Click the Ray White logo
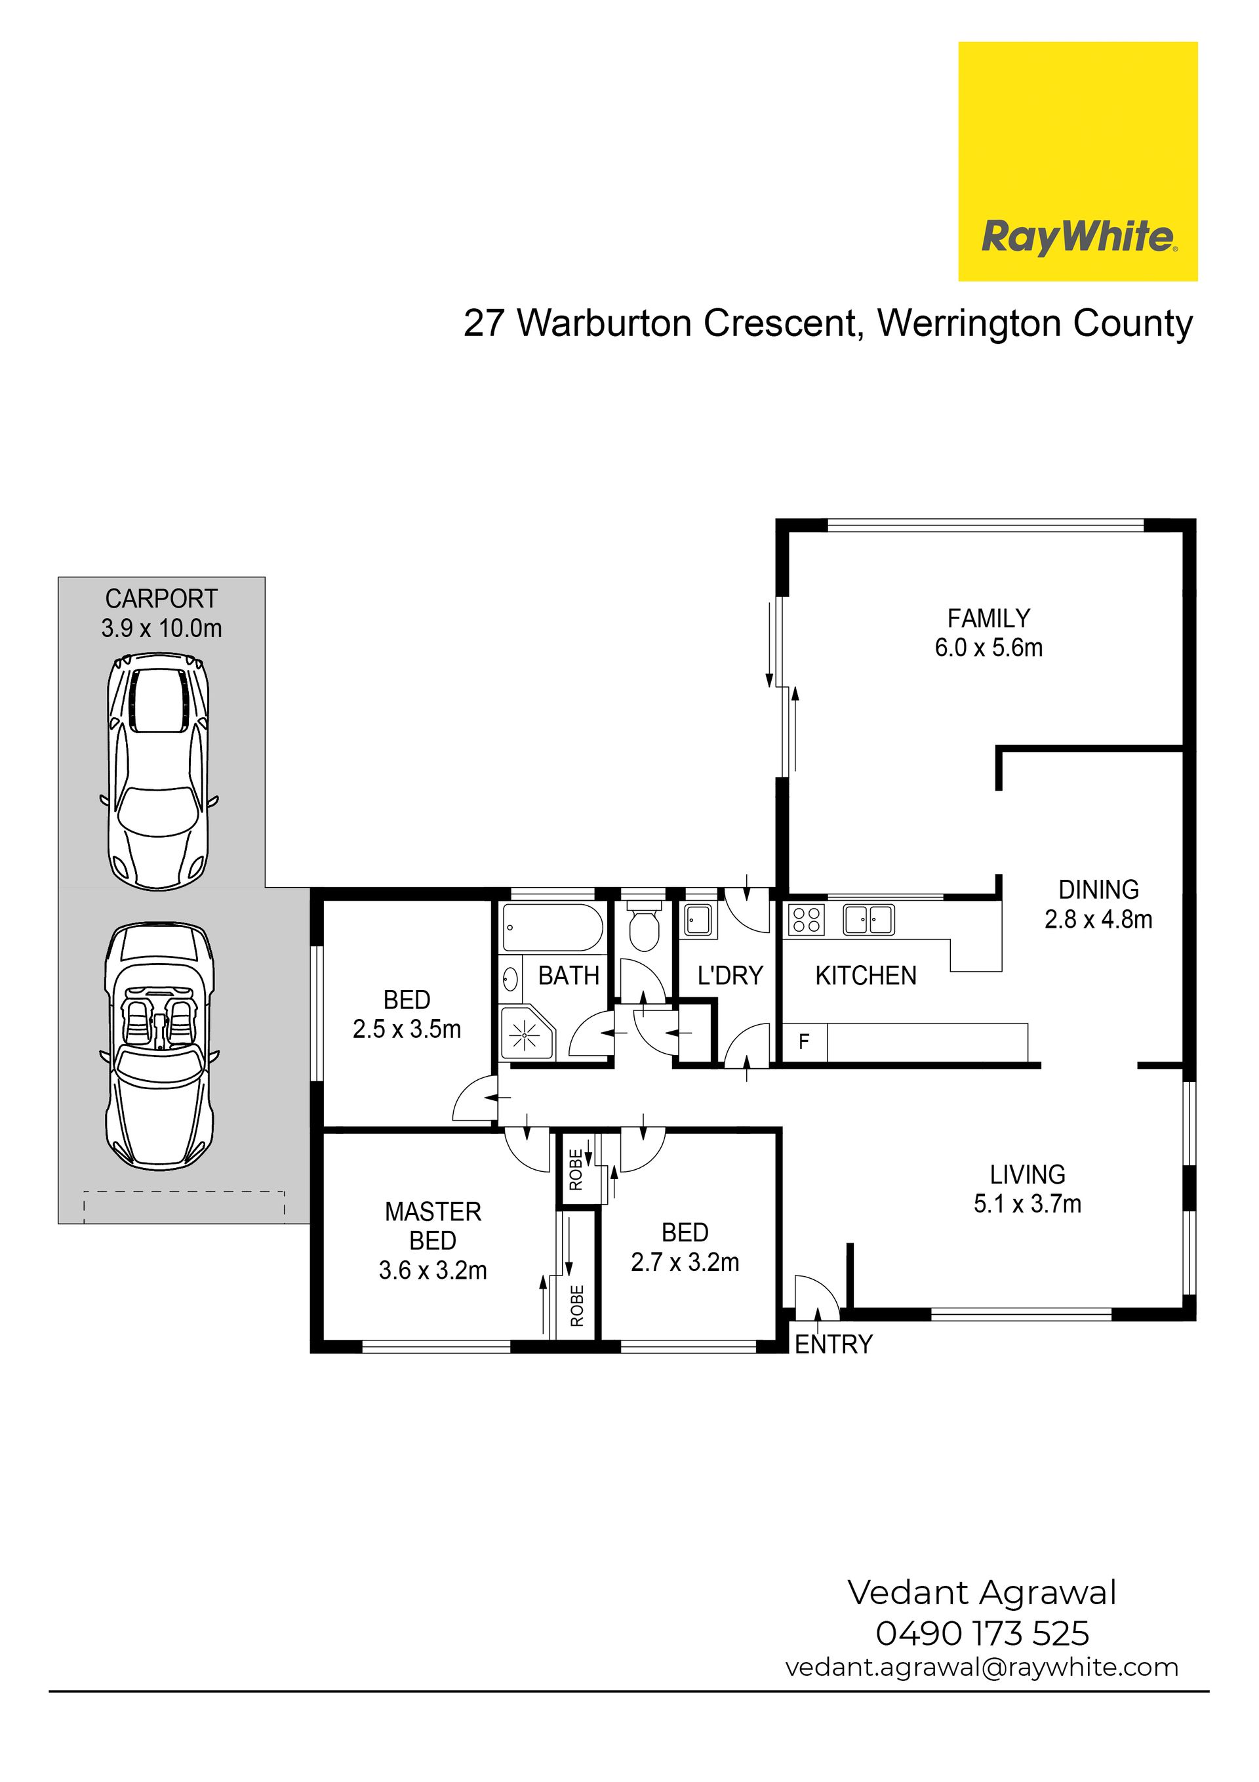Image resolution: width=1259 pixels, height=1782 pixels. tap(1077, 161)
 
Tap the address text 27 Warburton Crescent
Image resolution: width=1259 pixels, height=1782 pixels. tap(658, 323)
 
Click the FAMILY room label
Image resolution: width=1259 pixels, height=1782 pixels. tap(988, 619)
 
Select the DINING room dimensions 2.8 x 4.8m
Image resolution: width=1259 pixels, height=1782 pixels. tap(1098, 919)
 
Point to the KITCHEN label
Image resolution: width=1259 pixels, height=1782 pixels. tap(866, 976)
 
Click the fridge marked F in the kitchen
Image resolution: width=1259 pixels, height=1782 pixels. tap(804, 1041)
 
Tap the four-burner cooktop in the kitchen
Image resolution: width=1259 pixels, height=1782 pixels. tap(807, 920)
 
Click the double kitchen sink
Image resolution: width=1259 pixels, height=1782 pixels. tap(869, 920)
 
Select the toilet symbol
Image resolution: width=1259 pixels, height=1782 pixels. tap(643, 926)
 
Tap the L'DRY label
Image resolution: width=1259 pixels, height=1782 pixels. tap(730, 976)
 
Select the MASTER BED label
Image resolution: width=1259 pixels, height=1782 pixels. tap(433, 1226)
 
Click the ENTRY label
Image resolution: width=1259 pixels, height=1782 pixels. tap(834, 1344)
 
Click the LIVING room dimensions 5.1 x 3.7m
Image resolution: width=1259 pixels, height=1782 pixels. tap(1027, 1204)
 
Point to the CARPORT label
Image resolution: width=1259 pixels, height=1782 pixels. tap(161, 598)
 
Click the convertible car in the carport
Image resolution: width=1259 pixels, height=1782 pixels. tap(160, 1047)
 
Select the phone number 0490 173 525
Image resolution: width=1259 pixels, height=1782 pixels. tap(982, 1633)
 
